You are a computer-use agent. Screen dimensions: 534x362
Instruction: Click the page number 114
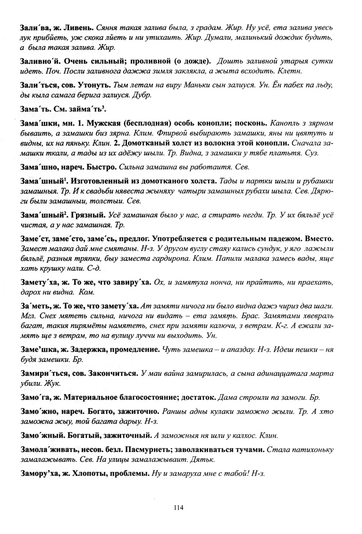pyautogui.click(x=179, y=508)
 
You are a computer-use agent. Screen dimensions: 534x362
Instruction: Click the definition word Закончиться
pyautogui.click(x=114, y=373)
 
